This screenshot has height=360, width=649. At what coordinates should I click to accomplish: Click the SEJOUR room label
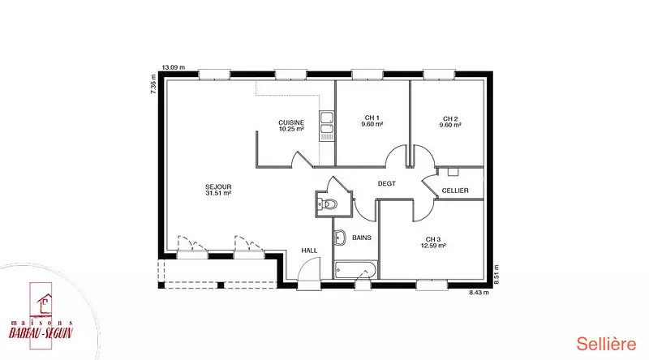(218, 187)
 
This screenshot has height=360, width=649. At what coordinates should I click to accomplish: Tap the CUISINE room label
(291, 123)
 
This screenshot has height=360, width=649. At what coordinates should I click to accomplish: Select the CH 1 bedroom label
(372, 118)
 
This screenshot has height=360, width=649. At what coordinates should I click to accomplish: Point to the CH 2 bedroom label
(450, 118)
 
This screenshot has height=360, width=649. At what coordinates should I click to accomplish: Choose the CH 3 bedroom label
(433, 239)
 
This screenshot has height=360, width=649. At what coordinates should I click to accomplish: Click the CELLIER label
(455, 191)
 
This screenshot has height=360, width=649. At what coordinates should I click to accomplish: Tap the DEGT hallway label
(387, 184)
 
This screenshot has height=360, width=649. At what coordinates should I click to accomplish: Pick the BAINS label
(362, 238)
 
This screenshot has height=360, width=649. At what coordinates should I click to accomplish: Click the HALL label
(309, 251)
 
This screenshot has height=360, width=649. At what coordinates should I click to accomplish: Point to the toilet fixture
(328, 204)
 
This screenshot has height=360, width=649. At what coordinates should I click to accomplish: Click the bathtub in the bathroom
(356, 270)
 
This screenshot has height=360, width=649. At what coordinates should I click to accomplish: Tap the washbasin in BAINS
(340, 238)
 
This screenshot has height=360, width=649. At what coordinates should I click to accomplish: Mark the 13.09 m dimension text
(174, 67)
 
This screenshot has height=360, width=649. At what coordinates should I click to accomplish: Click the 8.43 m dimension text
(479, 293)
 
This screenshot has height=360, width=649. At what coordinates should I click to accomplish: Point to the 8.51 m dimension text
(496, 274)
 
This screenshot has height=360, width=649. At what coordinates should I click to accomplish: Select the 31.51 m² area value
(218, 193)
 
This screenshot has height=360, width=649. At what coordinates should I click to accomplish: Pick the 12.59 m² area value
(433, 246)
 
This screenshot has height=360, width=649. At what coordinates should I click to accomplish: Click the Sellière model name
(606, 345)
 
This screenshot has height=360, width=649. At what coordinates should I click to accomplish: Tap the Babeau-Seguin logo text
(41, 332)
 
